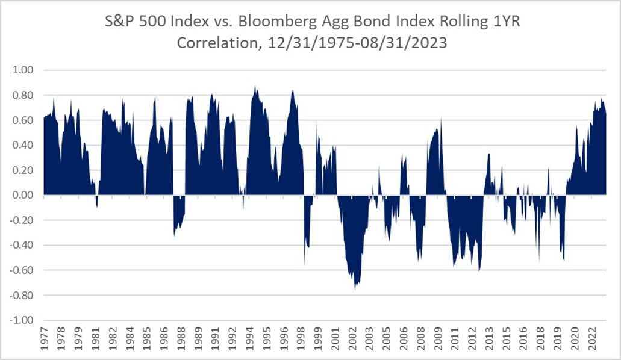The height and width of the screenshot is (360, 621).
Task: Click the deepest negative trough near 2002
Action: pos(355,289)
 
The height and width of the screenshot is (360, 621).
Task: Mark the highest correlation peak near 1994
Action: pos(255,87)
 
